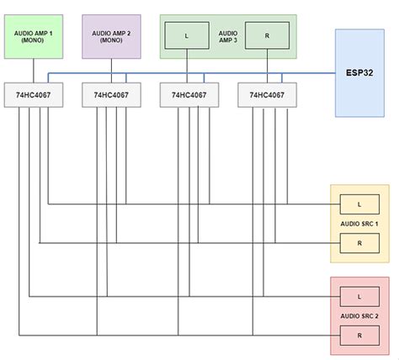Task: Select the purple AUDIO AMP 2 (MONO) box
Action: [x=111, y=36]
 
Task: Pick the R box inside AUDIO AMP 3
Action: [x=267, y=36]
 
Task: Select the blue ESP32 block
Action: [x=364, y=72]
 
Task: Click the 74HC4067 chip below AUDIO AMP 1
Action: [x=32, y=95]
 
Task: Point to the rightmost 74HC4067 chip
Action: [x=266, y=95]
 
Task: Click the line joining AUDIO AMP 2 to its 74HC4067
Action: [x=110, y=71]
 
